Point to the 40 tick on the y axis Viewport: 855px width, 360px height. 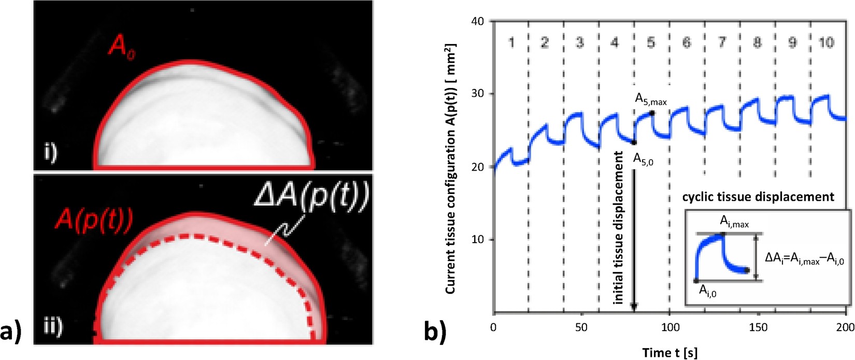[x=477, y=22]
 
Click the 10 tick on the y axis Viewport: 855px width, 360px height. [x=477, y=240]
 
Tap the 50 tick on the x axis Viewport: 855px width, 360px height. [x=581, y=327]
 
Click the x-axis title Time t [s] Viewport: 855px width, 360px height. [x=669, y=353]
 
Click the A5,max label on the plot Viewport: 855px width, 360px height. [x=651, y=100]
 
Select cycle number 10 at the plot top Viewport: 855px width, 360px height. [x=826, y=42]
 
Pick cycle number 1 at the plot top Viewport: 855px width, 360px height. [x=511, y=42]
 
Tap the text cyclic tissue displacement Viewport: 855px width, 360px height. [x=758, y=197]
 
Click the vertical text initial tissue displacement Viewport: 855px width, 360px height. [x=618, y=228]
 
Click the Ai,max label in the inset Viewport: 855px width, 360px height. [x=734, y=222]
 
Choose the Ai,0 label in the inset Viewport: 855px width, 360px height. [x=707, y=291]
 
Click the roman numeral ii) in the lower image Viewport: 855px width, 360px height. [x=52, y=326]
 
